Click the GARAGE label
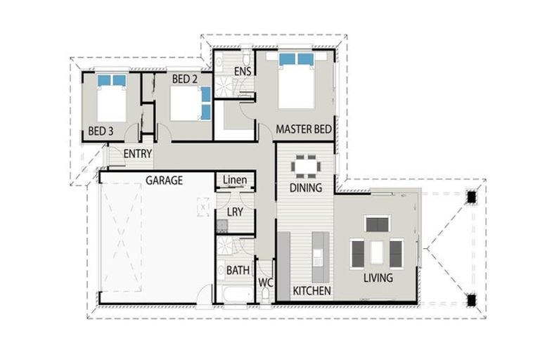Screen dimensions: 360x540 tap(164, 181)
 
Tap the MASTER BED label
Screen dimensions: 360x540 tap(304, 129)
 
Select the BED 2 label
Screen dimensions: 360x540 tap(184, 79)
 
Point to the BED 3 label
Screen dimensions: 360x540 tap(101, 131)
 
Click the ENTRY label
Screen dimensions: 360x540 tap(138, 154)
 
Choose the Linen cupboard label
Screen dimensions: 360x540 tap(234, 181)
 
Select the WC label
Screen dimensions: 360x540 tap(265, 282)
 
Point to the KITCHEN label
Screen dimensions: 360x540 tap(311, 290)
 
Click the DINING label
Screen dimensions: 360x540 tap(306, 188)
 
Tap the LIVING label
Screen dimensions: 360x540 tap(378, 278)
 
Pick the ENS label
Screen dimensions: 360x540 tap(243, 72)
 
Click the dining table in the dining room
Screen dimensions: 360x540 tap(306, 167)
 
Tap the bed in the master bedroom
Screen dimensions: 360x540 tap(295, 81)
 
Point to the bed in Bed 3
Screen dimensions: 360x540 tap(111, 100)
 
